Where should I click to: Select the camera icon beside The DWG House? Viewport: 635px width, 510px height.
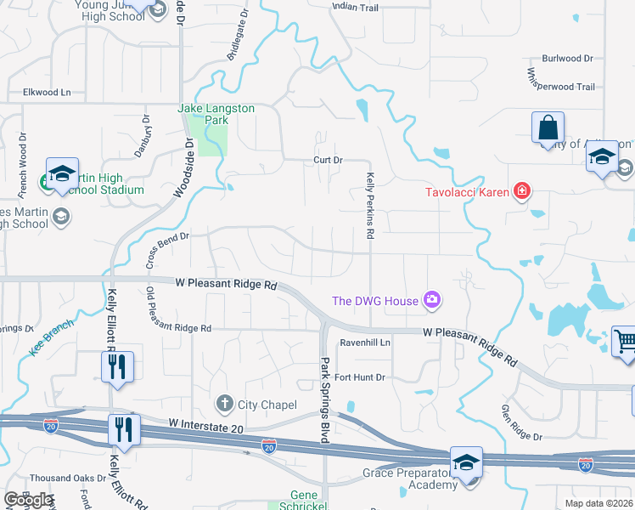pos(432,299)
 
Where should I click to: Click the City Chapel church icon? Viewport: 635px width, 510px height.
pos(225,402)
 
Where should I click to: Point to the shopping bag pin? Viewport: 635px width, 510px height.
pos(548,129)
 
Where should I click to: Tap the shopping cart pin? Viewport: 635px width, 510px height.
pos(624,342)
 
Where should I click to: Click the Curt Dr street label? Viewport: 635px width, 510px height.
pos(327,160)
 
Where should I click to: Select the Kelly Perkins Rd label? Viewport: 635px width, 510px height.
pos(370,206)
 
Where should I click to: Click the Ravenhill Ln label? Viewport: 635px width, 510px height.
pos(365,343)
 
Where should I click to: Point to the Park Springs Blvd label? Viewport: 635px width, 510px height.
pos(323,399)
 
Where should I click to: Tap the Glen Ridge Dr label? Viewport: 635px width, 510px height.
pos(520,422)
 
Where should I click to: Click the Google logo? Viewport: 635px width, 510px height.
pos(28,500)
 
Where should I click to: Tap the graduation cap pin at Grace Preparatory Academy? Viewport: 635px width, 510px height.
pos(466,462)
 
